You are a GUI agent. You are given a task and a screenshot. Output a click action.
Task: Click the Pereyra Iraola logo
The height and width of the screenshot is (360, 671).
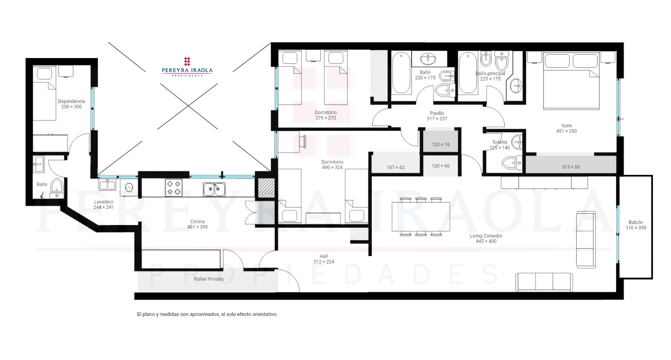pos(187,67)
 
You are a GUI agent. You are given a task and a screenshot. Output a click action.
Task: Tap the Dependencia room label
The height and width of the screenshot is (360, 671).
pos(71,101)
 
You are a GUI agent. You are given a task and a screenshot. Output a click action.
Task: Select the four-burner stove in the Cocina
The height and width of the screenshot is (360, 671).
pos(174,187)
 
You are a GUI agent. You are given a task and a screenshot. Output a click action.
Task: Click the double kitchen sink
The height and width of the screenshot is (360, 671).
pos(214,189)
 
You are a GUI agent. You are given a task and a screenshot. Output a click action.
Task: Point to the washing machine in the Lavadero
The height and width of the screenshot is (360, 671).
pos(129,188)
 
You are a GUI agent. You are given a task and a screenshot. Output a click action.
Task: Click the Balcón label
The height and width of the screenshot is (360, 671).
pos(636,222)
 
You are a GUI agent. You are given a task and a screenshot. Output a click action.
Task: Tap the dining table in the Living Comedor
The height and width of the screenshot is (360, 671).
pos(420,217)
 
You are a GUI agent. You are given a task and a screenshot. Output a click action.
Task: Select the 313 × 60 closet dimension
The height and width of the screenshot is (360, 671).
pos(571,167)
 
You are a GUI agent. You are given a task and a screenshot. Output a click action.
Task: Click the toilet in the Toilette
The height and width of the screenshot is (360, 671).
pos(512,163)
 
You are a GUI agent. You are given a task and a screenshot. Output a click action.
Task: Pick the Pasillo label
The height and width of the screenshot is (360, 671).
pos(437,113)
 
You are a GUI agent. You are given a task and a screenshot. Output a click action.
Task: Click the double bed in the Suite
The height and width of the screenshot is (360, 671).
pos(571,81)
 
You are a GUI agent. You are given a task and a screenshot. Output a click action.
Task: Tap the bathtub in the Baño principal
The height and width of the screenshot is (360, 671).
pos(468,73)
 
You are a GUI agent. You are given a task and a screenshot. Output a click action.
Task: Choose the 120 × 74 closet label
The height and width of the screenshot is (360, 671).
pos(440,145)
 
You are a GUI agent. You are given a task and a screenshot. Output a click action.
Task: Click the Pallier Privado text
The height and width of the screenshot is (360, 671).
pos(209,279)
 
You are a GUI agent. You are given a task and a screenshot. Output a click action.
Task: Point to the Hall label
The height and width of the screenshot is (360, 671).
pos(323,257)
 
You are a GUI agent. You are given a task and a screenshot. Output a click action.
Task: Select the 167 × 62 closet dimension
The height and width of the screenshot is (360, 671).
pos(395,167)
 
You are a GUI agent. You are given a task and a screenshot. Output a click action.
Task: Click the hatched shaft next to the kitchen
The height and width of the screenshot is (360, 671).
pos(266,188)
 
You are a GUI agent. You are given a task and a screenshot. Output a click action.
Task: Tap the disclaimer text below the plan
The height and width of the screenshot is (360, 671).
pos(207,315)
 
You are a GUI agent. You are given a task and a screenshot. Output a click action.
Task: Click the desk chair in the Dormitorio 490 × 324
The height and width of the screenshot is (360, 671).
pos(302,141)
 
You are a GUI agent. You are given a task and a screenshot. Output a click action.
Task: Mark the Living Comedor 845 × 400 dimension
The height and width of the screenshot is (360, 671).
pos(486,241)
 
